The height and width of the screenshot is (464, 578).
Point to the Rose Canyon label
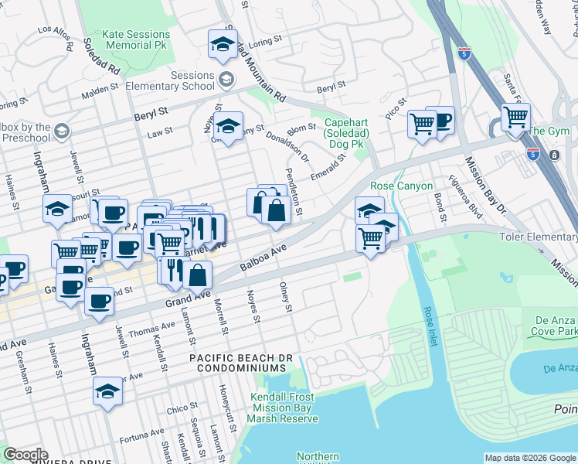pos(398,186)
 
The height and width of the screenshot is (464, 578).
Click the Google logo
pos(25,455)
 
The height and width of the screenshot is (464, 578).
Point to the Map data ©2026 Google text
pos(529,458)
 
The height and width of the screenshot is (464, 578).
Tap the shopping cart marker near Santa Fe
pos(515,117)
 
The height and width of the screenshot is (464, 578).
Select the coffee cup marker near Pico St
pos(441,120)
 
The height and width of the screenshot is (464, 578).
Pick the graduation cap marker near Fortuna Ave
pos(107,391)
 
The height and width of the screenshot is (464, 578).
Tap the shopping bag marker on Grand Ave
pos(198,275)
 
